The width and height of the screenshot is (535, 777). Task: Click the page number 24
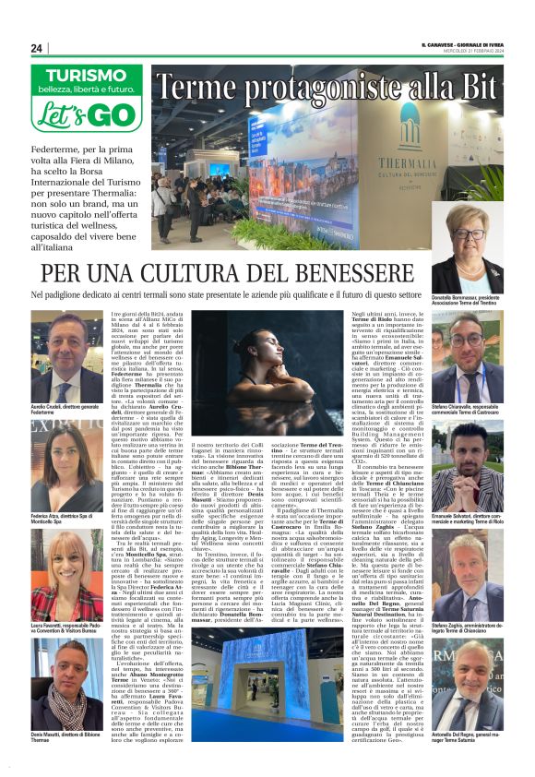click(x=37, y=48)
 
